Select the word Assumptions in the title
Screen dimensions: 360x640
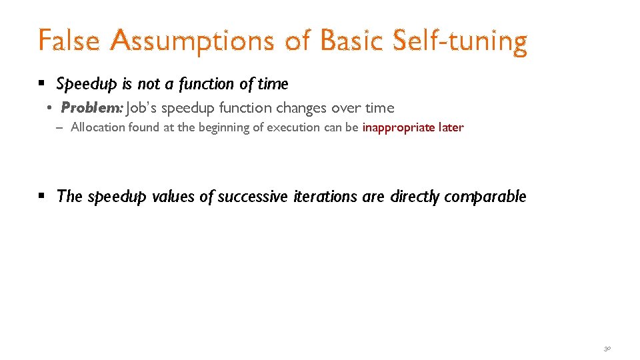(x=191, y=41)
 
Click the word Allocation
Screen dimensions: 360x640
(x=96, y=127)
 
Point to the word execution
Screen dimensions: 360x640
(x=295, y=127)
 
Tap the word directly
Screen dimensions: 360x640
(x=415, y=197)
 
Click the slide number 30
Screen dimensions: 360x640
(x=607, y=348)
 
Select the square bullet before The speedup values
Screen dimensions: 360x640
(x=41, y=196)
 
